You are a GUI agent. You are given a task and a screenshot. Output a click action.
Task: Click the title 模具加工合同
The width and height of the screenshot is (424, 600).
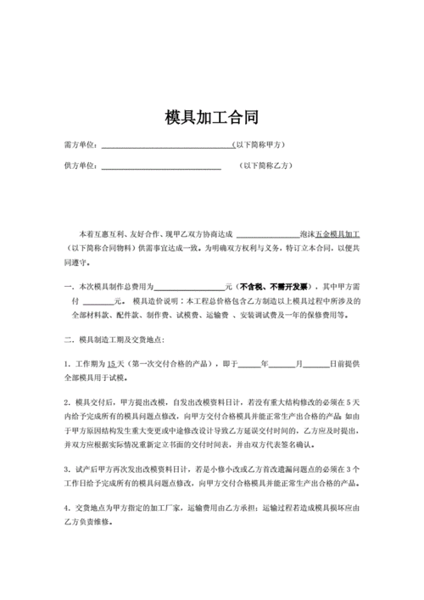212,117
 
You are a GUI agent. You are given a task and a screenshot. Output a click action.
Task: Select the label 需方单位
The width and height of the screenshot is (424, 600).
81,145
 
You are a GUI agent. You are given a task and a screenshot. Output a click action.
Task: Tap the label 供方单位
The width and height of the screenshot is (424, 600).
81,165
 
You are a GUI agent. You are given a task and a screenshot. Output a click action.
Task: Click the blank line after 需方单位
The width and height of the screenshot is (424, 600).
166,146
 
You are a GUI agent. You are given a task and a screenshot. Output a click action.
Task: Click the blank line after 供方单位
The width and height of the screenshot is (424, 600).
160,166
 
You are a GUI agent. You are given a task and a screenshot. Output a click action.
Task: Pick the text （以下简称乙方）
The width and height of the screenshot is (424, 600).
266,165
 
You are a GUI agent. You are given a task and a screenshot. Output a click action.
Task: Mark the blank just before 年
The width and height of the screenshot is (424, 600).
249,364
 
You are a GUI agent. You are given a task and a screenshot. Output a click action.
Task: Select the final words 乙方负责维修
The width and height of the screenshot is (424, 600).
93,523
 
